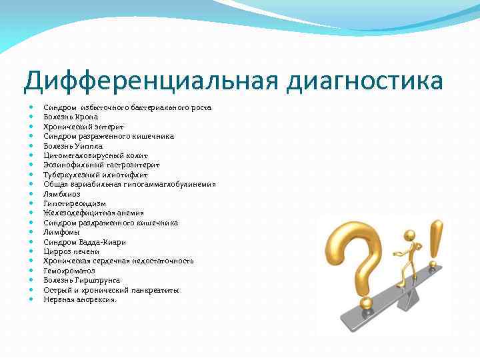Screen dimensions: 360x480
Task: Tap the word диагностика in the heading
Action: click(x=365, y=81)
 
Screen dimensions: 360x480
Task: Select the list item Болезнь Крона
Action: click(x=71, y=117)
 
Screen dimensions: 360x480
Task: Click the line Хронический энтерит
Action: click(x=83, y=126)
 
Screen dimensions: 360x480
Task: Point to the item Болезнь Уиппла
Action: click(x=73, y=145)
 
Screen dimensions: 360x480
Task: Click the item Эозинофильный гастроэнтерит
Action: click(x=101, y=165)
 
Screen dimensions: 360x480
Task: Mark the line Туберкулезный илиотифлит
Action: click(x=95, y=175)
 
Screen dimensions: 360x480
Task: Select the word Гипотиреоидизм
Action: click(x=75, y=203)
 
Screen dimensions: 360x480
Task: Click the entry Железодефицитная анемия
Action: click(x=93, y=213)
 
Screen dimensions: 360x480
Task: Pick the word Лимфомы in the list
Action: click(x=61, y=233)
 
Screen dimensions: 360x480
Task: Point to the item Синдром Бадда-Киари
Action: click(x=85, y=242)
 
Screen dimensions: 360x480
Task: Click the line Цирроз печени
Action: click(x=71, y=252)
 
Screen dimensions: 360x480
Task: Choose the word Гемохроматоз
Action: click(x=69, y=271)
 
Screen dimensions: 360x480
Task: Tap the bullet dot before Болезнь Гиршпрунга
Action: click(x=31, y=281)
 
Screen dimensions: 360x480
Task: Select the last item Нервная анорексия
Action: click(x=80, y=300)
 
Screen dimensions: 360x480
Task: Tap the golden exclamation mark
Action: click(x=436, y=243)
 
